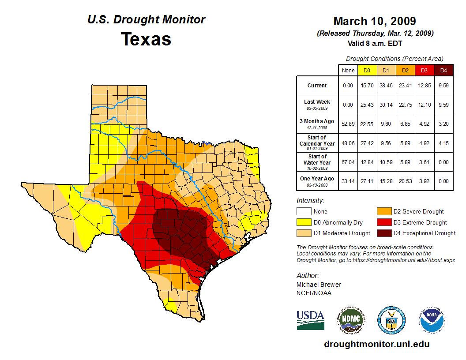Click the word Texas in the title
(x=146, y=39)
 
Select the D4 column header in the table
(x=443, y=70)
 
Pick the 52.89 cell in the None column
(x=348, y=124)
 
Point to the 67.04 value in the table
(x=348, y=162)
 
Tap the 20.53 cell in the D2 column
(x=405, y=181)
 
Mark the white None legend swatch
(x=304, y=212)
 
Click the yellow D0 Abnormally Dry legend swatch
(x=304, y=222)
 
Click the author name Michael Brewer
(x=319, y=285)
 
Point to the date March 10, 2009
(x=374, y=21)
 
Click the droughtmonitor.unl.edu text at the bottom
(x=376, y=344)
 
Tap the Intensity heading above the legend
(x=310, y=201)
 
